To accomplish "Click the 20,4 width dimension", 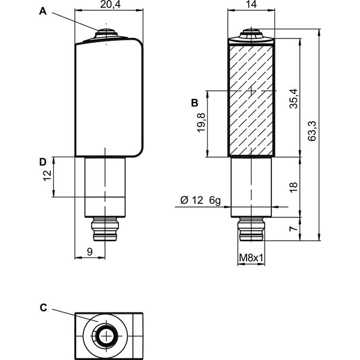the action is pyautogui.click(x=110, y=4).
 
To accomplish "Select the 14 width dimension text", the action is pyautogui.click(x=251, y=4).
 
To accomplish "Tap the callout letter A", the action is pyautogui.click(x=43, y=11).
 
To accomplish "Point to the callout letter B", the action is pyautogui.click(x=194, y=103).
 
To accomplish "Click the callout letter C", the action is pyautogui.click(x=43, y=308).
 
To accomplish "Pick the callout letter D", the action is pyautogui.click(x=43, y=162).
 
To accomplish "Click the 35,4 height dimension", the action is pyautogui.click(x=293, y=98).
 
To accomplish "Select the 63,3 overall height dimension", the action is pyautogui.click(x=312, y=131).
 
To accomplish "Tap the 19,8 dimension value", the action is pyautogui.click(x=201, y=122).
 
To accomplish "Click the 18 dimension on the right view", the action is pyautogui.click(x=293, y=187).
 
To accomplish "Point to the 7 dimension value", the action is pyautogui.click(x=293, y=229).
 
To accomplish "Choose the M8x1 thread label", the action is pyautogui.click(x=251, y=258).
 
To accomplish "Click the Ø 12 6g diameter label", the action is pyautogui.click(x=200, y=200).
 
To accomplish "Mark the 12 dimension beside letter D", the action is pyautogui.click(x=47, y=176).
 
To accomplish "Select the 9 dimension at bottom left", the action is pyautogui.click(x=90, y=252).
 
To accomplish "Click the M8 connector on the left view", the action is pyautogui.click(x=105, y=229).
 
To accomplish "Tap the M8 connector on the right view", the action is pyautogui.click(x=251, y=229).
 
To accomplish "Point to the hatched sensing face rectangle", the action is pyautogui.click(x=251, y=101).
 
